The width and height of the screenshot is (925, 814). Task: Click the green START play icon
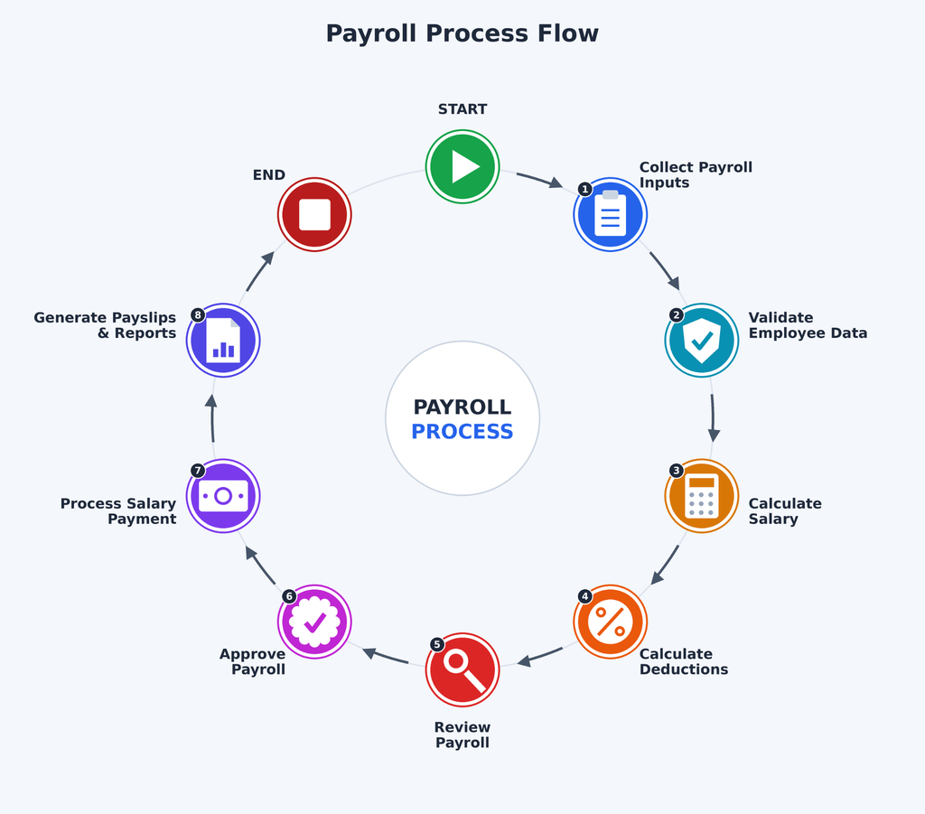point(462,167)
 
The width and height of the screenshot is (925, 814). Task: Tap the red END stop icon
point(314,215)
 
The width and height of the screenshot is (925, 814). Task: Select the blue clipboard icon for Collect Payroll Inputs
point(611,215)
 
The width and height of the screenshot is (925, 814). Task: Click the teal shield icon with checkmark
point(701,341)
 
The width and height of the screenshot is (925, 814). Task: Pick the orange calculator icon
point(701,496)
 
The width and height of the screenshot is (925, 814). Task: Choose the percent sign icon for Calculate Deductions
point(611,622)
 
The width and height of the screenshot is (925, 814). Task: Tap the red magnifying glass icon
point(462,669)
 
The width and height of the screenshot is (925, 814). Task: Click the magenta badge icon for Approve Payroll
point(314,622)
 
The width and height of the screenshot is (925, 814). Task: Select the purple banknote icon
point(223,496)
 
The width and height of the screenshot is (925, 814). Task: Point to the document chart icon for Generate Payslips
point(223,341)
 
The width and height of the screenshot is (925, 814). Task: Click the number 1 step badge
point(584,190)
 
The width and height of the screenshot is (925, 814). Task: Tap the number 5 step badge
point(436,644)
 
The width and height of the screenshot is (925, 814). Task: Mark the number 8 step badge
point(198,315)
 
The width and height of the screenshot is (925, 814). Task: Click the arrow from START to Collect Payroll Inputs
point(539,180)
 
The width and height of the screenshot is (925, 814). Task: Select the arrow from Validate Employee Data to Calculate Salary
point(714,418)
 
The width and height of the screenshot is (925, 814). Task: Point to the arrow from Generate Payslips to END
point(260,271)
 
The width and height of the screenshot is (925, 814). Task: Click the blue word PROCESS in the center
point(462,432)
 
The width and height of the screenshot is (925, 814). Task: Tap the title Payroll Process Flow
point(462,33)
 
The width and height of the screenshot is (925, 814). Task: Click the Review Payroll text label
point(462,735)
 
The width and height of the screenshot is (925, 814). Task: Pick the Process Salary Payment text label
point(118,511)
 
